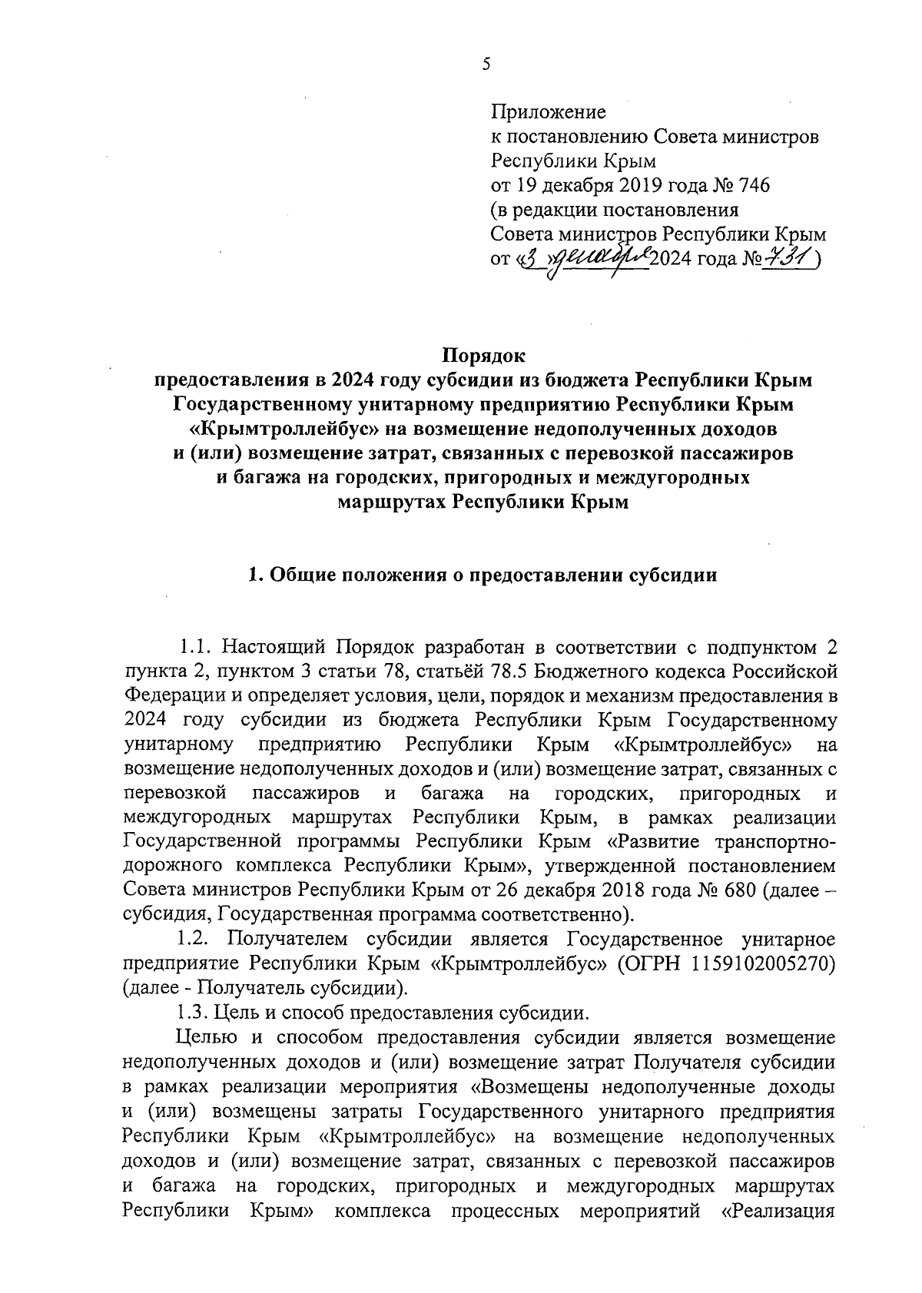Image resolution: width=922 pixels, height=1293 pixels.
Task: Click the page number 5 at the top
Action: tap(486, 65)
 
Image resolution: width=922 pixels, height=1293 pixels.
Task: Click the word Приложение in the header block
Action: tap(548, 112)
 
